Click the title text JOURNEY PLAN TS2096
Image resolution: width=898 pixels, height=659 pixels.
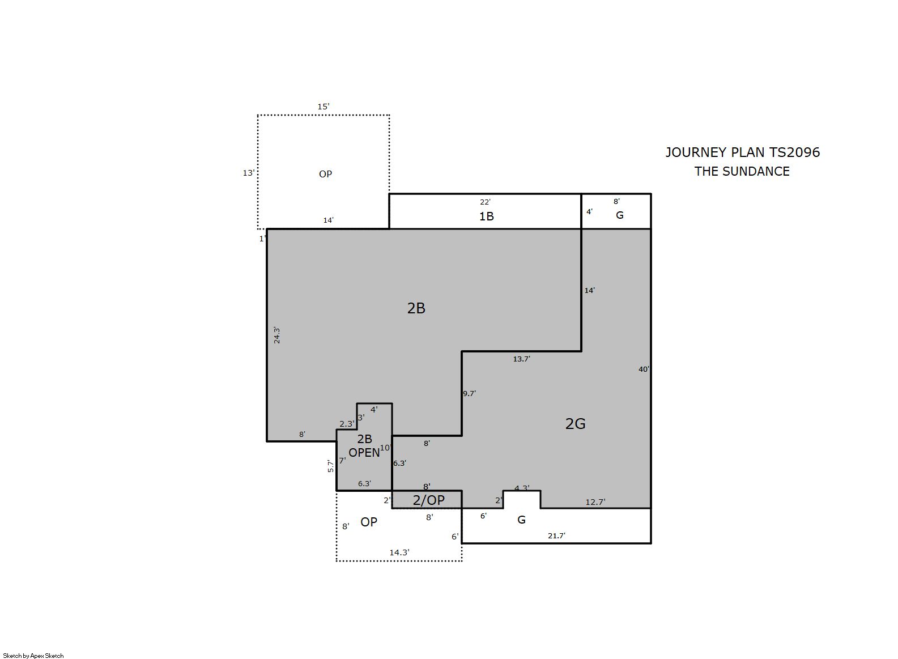[742, 152]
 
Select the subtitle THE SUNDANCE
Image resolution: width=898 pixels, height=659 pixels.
[742, 171]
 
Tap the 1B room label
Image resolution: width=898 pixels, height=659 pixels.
[486, 216]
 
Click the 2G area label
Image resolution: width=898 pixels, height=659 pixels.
[575, 424]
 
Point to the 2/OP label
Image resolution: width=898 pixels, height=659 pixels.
[428, 500]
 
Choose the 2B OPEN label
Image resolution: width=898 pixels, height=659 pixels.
[364, 446]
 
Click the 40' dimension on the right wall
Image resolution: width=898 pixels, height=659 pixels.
[644, 369]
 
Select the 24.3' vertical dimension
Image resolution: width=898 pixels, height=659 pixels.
[276, 335]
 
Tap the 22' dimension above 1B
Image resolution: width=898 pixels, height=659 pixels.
[485, 202]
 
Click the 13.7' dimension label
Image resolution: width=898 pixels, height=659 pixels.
[521, 359]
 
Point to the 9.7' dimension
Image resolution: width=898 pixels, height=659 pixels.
[469, 394]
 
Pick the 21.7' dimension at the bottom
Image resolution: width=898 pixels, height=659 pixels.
[556, 535]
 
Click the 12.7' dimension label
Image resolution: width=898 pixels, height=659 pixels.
[595, 502]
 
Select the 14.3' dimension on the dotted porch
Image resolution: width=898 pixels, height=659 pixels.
[399, 552]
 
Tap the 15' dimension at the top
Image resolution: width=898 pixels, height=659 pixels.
[323, 107]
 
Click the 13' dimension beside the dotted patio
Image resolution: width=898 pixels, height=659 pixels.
[249, 173]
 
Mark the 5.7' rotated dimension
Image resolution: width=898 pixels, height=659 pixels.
[331, 466]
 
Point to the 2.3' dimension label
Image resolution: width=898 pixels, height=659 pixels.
[347, 424]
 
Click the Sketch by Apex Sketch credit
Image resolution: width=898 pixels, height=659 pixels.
[33, 656]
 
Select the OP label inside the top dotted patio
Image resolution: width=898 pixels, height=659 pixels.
[325, 174]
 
